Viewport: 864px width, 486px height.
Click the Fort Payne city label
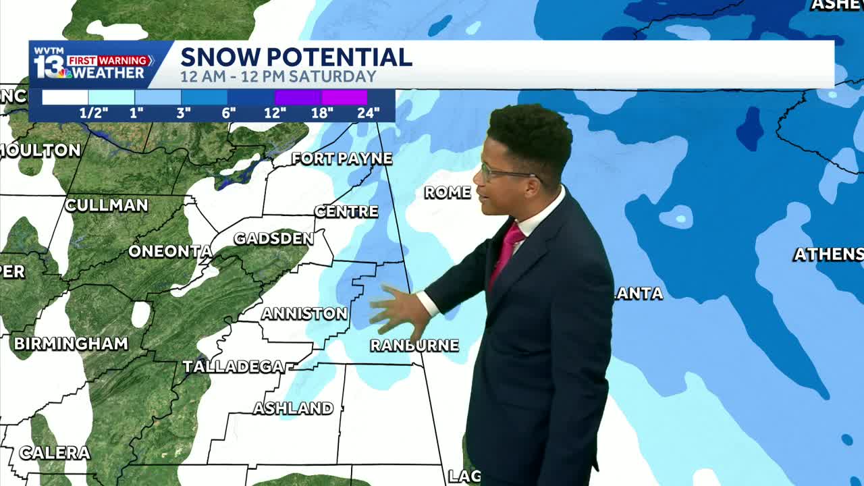pos(342,159)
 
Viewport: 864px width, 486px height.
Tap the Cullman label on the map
pos(107,205)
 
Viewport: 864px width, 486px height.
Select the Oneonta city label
pos(170,252)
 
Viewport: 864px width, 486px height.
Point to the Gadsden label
pos(273,239)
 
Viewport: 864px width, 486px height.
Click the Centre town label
pos(346,212)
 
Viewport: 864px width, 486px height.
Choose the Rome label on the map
pos(447,193)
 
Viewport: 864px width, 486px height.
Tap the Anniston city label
pos(304,314)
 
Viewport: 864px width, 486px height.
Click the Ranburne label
pos(414,346)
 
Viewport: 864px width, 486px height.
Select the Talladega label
pos(233,367)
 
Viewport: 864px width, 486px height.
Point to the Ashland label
pos(293,408)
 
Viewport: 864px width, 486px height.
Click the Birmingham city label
pos(71,344)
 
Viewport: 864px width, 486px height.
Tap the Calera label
pos(54,453)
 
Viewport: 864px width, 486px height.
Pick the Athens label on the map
pos(828,254)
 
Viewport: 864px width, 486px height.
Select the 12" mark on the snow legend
pos(275,113)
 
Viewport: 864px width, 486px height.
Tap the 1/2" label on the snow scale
pos(94,113)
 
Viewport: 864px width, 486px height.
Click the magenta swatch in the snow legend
pos(344,98)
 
